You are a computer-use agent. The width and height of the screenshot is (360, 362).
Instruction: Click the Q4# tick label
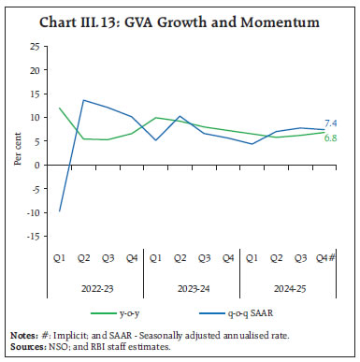(323, 253)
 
